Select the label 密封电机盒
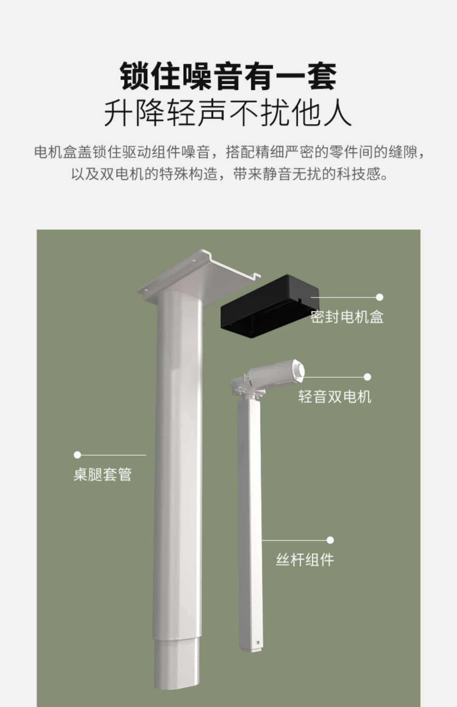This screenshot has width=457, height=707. pos(347,317)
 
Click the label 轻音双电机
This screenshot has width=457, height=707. pos(335,396)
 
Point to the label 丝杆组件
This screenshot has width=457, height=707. pos(305,560)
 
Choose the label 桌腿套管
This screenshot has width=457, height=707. pos(102,474)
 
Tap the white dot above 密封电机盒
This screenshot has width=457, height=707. pos(379,297)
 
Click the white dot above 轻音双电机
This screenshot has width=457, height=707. pos(367,377)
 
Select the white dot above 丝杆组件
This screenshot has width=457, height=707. pos(330,540)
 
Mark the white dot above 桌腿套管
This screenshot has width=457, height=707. pos(77,455)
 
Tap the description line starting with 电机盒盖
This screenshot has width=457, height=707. pos(228,152)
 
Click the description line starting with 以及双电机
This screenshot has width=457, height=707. pos(228,174)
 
